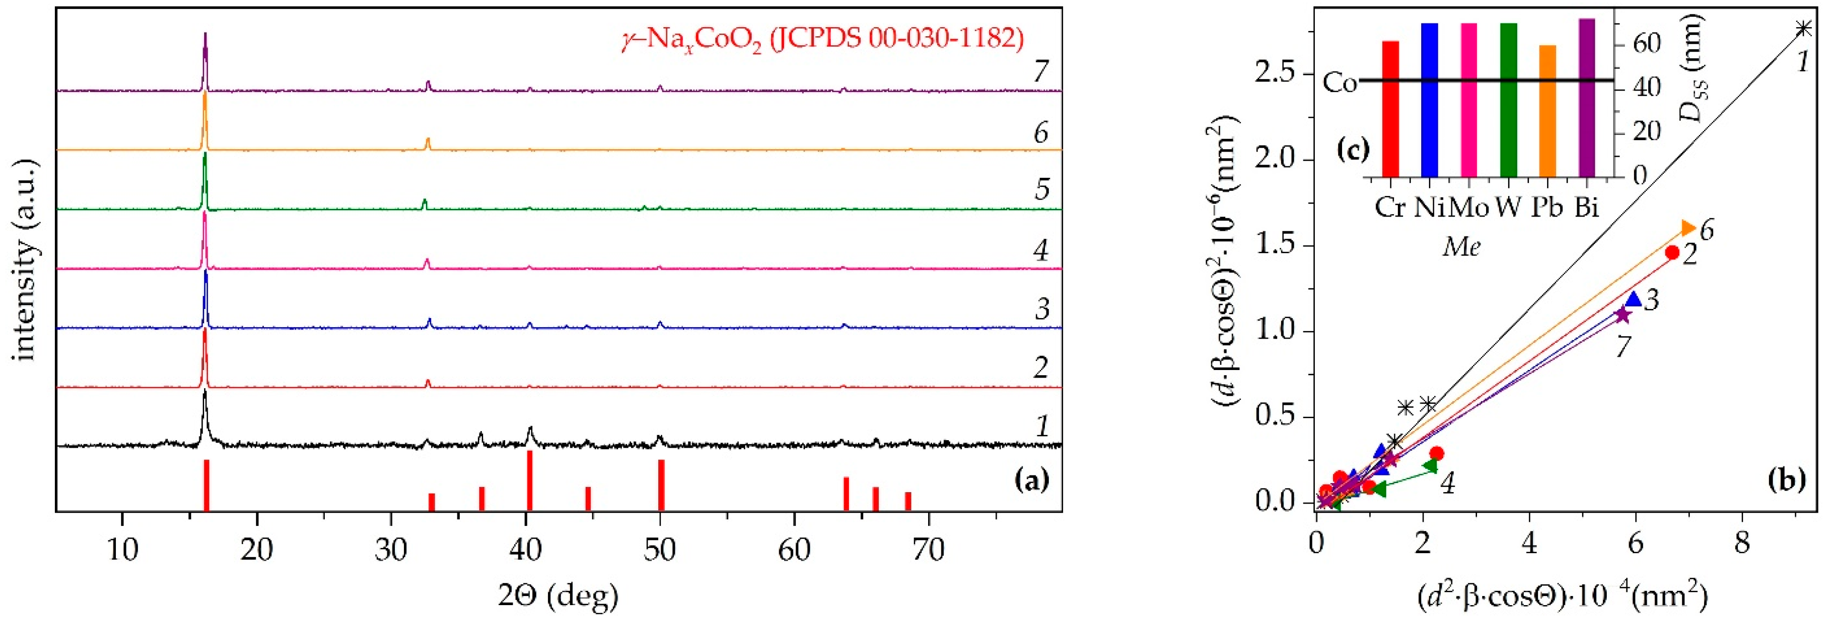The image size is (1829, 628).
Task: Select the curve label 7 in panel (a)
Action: [x=1041, y=72]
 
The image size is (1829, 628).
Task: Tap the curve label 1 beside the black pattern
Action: [x=1042, y=426]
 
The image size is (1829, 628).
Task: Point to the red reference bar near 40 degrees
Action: [x=530, y=480]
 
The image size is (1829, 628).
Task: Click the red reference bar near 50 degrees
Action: [x=661, y=484]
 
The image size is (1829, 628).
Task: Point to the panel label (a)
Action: [x=1031, y=481]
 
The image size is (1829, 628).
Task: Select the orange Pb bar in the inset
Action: [x=1547, y=111]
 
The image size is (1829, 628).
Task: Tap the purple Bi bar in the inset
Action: [x=1586, y=97]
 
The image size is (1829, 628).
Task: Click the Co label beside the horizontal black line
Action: [x=1340, y=83]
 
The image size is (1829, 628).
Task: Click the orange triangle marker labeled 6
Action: [x=1689, y=228]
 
